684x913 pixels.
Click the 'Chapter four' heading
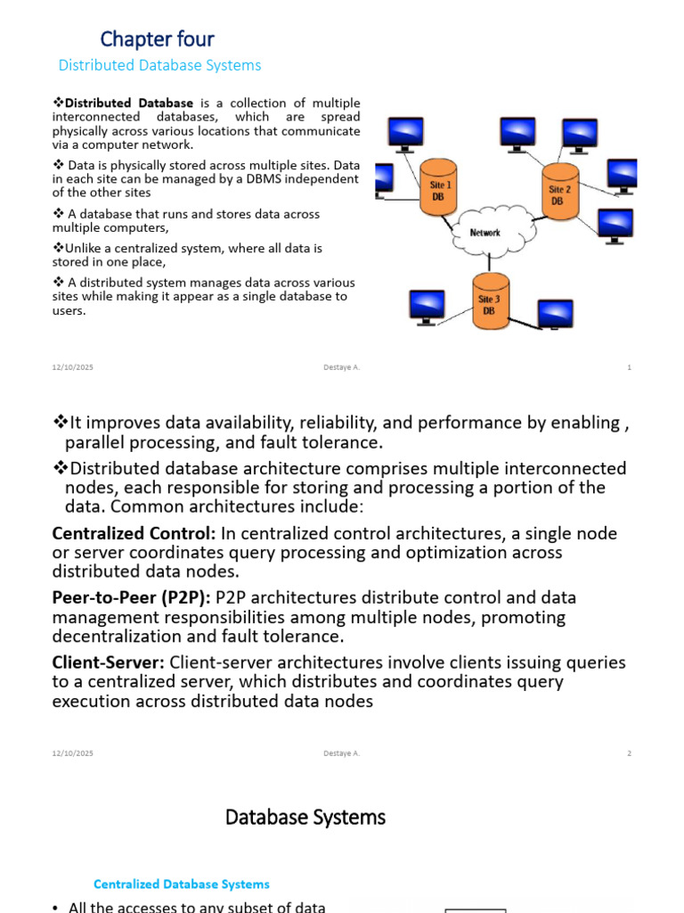tap(157, 39)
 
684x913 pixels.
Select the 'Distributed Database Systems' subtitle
tap(159, 65)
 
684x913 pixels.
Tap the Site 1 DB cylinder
tap(439, 189)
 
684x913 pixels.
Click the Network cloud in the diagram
tap(485, 233)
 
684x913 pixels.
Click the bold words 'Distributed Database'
tap(129, 103)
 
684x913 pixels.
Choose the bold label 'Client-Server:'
tap(108, 662)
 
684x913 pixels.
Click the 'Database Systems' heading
tap(305, 817)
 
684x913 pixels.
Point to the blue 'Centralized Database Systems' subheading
tap(182, 884)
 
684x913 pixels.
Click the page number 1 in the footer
tap(629, 367)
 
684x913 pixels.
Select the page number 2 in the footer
tap(629, 753)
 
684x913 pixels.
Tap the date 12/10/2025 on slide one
tap(71, 367)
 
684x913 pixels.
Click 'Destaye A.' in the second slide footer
tap(342, 753)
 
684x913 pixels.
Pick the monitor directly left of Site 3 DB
tap(426, 306)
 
